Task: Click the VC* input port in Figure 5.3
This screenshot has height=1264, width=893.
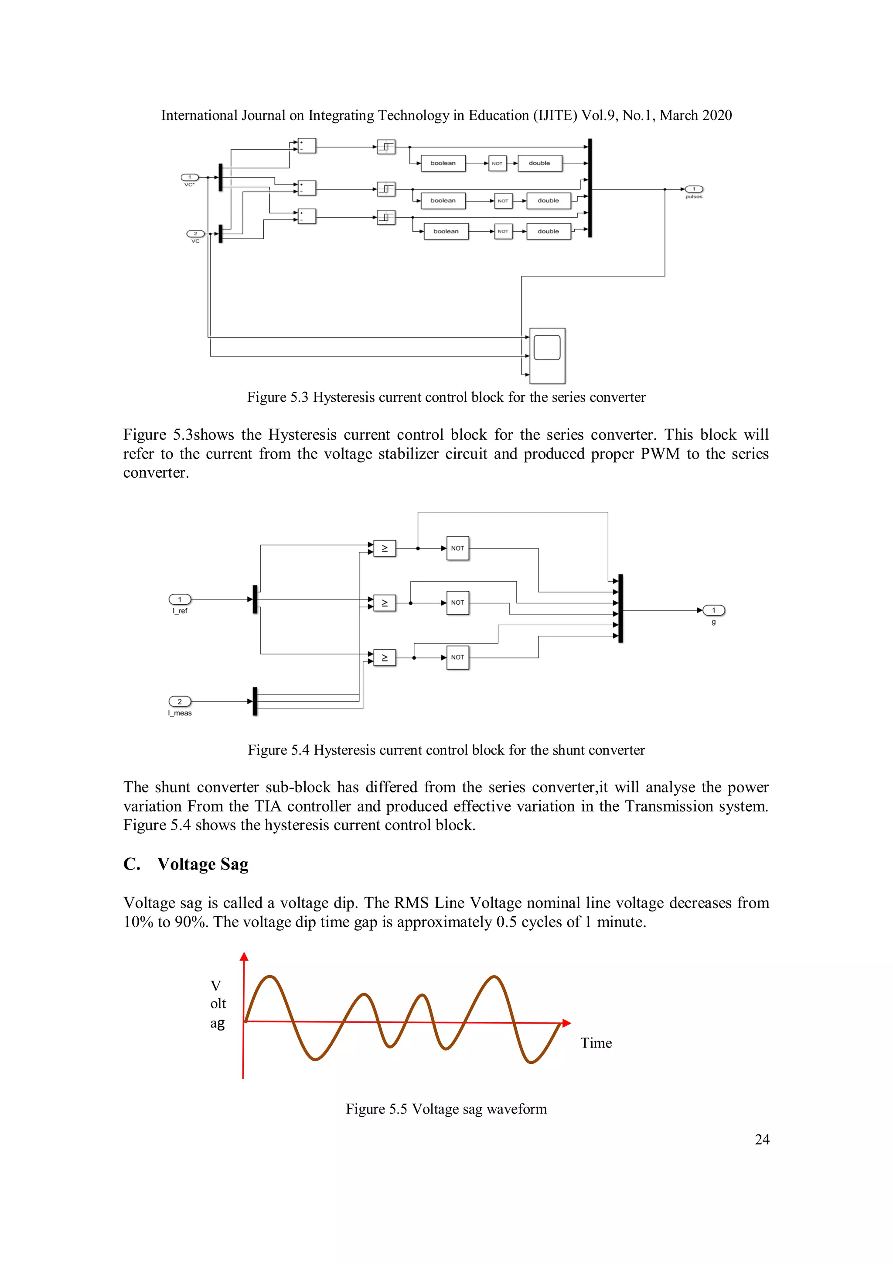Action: [x=190, y=177]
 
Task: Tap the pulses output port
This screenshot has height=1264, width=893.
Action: [x=694, y=189]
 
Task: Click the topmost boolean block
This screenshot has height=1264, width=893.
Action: [x=443, y=164]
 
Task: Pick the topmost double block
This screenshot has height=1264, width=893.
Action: [x=539, y=164]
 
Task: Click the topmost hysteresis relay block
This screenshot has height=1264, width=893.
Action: [x=386, y=147]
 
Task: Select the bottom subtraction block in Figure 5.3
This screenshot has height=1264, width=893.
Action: [x=307, y=216]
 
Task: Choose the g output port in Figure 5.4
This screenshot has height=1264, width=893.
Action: [x=714, y=610]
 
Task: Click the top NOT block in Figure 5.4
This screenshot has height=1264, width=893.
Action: [x=458, y=548]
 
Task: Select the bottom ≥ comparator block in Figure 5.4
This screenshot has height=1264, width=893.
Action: [x=385, y=658]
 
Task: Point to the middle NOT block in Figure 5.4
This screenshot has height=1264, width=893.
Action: [x=458, y=603]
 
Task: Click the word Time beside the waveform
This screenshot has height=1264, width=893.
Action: [x=596, y=1043]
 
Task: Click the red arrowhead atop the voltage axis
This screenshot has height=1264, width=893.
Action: [x=244, y=957]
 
